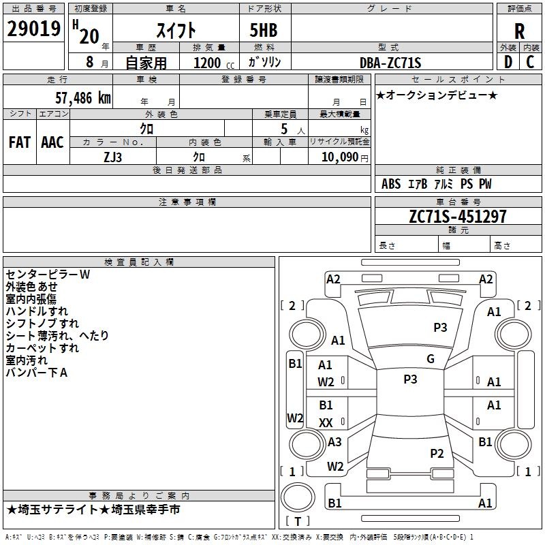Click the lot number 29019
point(33,29)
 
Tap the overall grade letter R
point(519,31)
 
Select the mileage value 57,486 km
point(83,98)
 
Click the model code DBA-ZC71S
point(390,63)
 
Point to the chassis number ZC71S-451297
point(458,217)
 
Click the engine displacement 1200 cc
point(214,63)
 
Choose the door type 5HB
point(264,30)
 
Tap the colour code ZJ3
point(112,157)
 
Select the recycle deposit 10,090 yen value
point(345,157)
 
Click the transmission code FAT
point(20,142)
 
